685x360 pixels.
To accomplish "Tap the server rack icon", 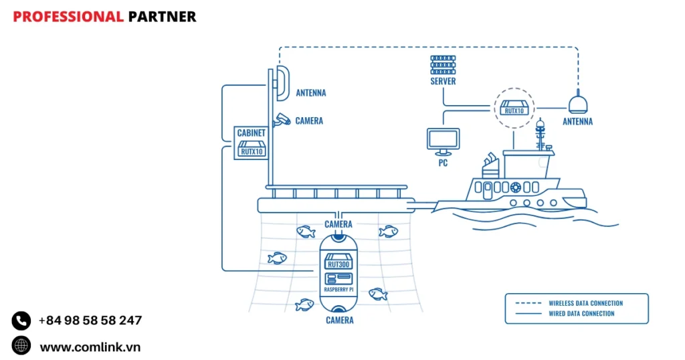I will pos(443,65).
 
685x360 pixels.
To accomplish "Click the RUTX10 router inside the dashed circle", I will pos(513,108).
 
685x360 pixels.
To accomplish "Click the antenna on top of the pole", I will pos(281,82).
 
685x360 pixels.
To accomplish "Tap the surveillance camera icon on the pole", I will pos(282,119).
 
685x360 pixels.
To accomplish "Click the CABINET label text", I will pos(252,133).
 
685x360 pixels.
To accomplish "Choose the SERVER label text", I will pos(443,82).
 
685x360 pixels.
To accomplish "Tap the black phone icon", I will pos(21,321).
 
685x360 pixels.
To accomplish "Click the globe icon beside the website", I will pos(21,346).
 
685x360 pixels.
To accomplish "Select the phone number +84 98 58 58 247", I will pos(90,321).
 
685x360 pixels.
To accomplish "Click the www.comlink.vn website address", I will pos(90,347).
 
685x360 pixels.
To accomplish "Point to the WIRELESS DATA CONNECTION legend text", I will pos(585,303).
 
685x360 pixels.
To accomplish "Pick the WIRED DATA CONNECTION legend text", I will pos(581,313).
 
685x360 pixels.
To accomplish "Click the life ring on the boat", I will pos(515,187).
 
